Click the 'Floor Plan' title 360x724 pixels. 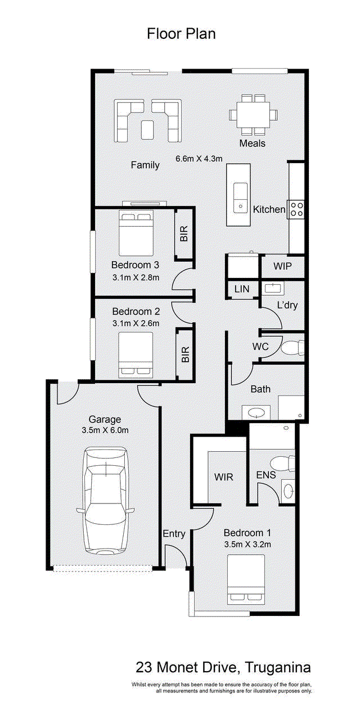coord(181,34)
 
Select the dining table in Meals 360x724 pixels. coord(253,114)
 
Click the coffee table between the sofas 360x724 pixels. coord(148,130)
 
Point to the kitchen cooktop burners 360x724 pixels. coord(296,209)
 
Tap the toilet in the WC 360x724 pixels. coord(292,348)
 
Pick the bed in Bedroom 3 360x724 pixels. coord(136,233)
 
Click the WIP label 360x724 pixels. coord(282,266)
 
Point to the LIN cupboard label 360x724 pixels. coord(242,289)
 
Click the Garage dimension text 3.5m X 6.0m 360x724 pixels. coord(105,430)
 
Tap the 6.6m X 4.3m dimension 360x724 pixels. coord(199,159)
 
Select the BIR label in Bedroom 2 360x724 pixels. coord(185,354)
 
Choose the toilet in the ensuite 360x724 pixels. coord(283,464)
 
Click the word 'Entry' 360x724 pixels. coord(174,534)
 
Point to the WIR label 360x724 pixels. coord(223,476)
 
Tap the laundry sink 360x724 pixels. coord(273,287)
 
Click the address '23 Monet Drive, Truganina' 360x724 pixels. coord(223,667)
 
